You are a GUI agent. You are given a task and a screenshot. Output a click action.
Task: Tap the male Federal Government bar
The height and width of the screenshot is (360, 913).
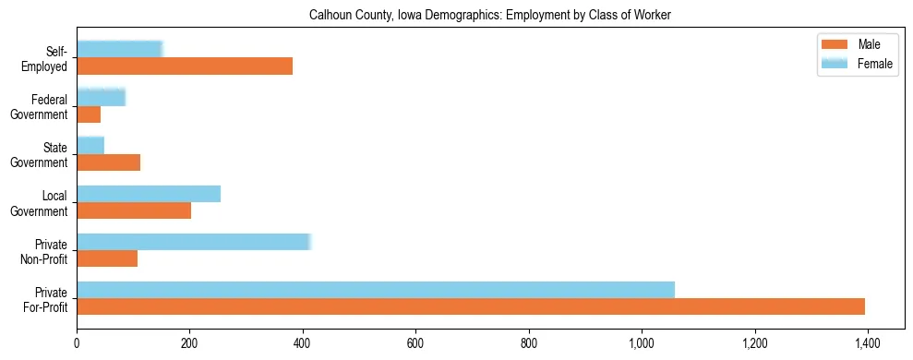click(x=89, y=114)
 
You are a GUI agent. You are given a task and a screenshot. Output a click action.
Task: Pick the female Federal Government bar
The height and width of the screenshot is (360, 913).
click(x=101, y=97)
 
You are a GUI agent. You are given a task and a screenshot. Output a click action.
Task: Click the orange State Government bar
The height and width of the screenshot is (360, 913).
click(x=108, y=162)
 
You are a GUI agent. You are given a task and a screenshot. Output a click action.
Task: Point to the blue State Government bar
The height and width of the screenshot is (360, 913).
click(x=90, y=145)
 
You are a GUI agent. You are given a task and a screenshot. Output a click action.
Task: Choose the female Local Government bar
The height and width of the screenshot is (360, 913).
click(x=149, y=193)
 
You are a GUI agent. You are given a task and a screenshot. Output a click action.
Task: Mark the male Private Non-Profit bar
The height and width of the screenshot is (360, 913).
click(x=107, y=258)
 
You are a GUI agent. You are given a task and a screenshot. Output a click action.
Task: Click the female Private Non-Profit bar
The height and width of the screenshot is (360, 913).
click(x=194, y=242)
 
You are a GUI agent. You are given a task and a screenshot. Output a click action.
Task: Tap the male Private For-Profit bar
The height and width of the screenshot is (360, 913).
click(x=471, y=306)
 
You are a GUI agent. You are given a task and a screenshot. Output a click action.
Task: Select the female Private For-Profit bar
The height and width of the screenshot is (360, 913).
click(x=376, y=289)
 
